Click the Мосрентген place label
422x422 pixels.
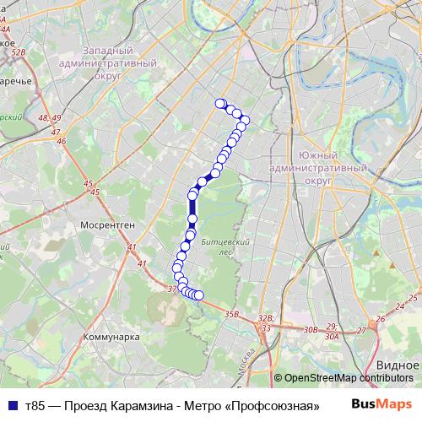(103, 226)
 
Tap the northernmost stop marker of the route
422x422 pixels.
(220, 104)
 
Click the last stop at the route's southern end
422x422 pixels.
(199, 295)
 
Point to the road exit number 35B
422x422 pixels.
(233, 314)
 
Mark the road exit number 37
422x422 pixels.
(172, 289)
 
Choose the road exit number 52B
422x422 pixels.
(20, 51)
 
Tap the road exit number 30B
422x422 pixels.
(311, 330)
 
